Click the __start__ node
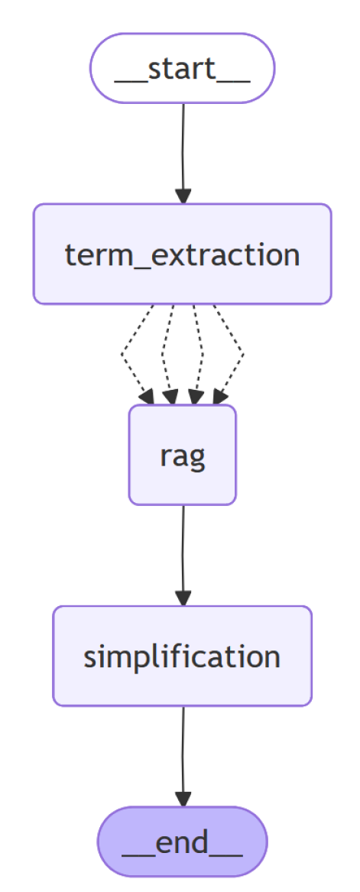click(182, 68)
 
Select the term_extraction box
click(182, 254)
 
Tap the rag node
click(182, 455)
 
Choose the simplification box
click(182, 656)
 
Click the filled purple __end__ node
click(182, 842)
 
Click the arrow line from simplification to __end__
click(183, 749)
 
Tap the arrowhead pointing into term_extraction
click(183, 195)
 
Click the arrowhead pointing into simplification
click(183, 597)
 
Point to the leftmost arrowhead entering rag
click(146, 396)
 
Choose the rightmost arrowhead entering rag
click(219, 396)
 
